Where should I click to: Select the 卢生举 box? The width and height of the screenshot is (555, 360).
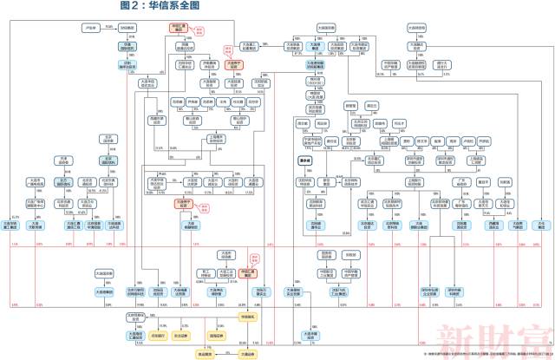(90, 27)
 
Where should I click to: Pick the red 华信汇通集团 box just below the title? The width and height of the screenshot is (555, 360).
(180, 29)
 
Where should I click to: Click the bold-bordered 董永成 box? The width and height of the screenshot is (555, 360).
(304, 160)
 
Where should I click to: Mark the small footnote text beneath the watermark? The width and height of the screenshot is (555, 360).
(486, 355)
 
